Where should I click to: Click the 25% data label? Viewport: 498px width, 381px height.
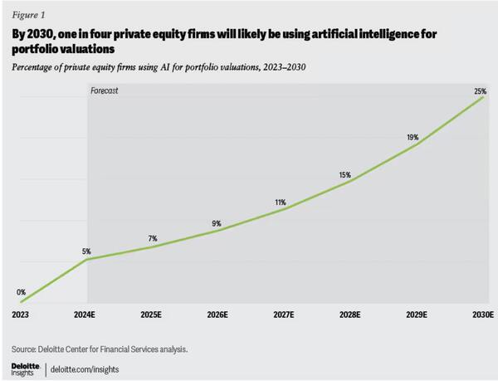click(x=480, y=91)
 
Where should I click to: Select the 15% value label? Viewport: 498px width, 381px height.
click(x=344, y=175)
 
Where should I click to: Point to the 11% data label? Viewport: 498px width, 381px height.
click(x=281, y=203)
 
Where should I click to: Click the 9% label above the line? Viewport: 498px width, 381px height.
click(x=217, y=223)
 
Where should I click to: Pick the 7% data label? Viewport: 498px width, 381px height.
click(x=153, y=239)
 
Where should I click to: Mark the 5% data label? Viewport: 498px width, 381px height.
click(x=86, y=251)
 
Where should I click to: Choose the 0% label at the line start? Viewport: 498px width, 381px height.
click(x=22, y=292)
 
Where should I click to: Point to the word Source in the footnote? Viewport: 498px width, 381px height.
click(x=27, y=349)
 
